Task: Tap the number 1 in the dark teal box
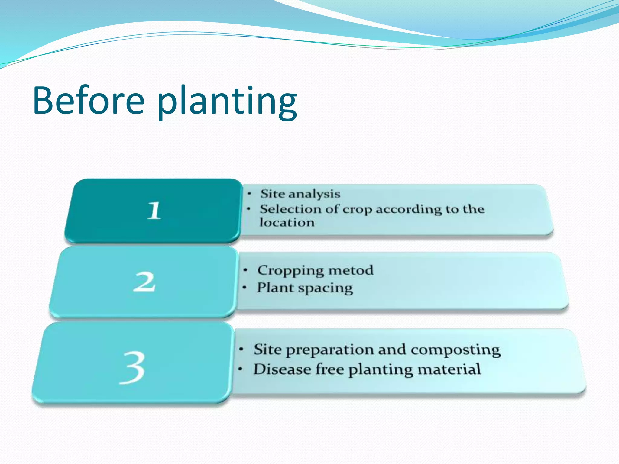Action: pos(154,211)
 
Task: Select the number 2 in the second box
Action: pos(144,282)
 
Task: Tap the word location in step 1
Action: pos(287,223)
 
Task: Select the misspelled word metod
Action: pos(351,270)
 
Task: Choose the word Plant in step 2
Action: pos(275,288)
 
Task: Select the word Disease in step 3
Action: pos(282,369)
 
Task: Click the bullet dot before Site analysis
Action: pos(249,194)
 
